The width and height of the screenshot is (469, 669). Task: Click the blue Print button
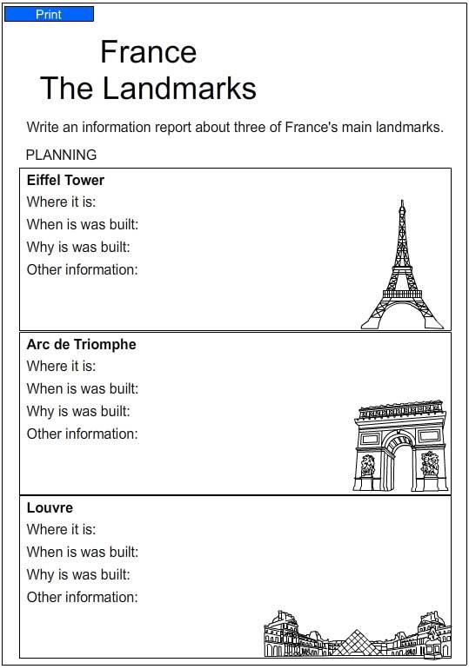(x=49, y=15)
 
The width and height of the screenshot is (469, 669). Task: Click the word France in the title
(x=148, y=52)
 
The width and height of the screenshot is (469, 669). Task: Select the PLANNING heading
(x=62, y=155)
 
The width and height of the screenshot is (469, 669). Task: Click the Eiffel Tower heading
(x=65, y=180)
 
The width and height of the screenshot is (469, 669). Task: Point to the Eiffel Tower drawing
(x=402, y=269)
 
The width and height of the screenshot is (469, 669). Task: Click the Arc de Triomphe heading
(x=81, y=344)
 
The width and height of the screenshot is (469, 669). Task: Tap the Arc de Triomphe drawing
(x=399, y=446)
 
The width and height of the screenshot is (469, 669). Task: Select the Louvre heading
(x=50, y=507)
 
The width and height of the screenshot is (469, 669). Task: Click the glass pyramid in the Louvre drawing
(x=355, y=642)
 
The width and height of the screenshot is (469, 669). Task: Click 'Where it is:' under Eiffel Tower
(x=61, y=202)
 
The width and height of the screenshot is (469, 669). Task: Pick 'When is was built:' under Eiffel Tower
(x=83, y=224)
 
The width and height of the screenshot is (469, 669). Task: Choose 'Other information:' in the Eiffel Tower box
(x=82, y=269)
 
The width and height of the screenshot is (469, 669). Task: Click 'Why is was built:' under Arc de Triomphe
(x=78, y=411)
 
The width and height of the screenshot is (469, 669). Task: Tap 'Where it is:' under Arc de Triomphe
(x=61, y=366)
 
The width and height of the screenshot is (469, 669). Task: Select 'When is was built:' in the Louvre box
(x=83, y=552)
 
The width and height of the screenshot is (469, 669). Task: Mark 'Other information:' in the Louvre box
(x=82, y=597)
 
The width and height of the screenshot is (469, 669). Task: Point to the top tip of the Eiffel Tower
(x=402, y=202)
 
